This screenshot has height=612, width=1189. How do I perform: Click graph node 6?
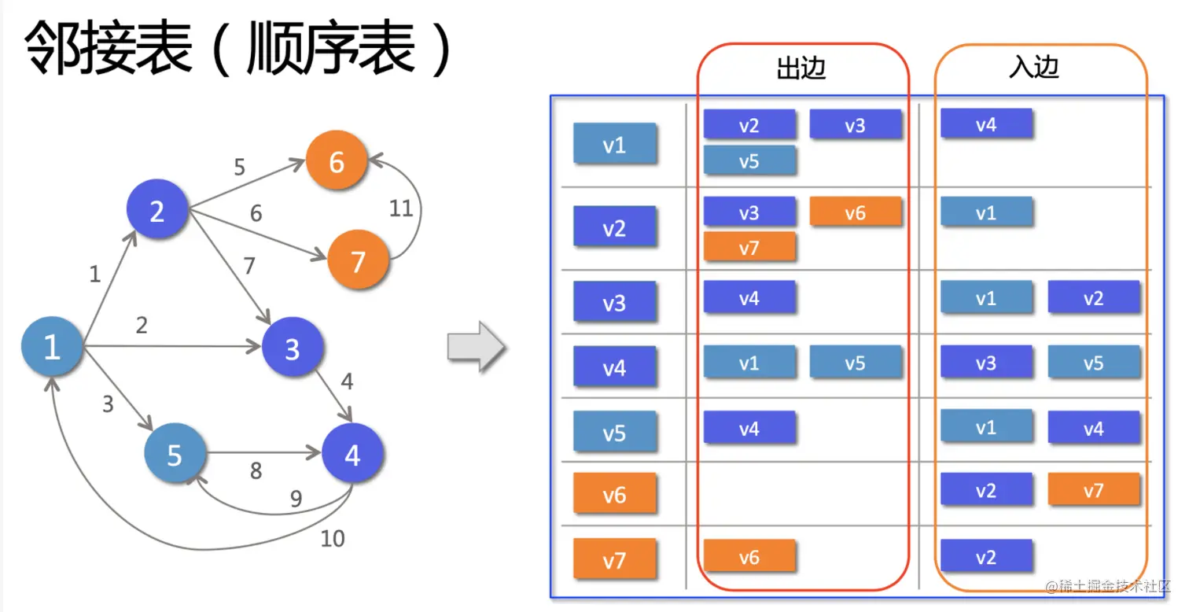point(337,162)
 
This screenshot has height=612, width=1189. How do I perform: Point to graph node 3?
point(293,349)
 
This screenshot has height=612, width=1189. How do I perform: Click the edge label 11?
point(401,208)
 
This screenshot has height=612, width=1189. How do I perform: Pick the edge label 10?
point(332,539)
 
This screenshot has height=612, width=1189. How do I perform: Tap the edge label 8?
point(256,471)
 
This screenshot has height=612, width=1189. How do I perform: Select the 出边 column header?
point(801,69)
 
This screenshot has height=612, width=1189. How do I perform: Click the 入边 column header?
point(1034,68)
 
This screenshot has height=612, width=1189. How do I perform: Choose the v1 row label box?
point(614,144)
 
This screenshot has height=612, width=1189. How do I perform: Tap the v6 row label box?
point(614,494)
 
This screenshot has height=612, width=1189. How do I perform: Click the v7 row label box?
point(614,559)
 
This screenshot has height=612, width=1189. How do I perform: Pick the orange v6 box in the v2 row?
point(855,212)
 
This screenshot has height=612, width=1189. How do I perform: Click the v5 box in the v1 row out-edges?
point(749,160)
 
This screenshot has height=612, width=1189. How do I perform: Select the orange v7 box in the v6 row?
point(1093,490)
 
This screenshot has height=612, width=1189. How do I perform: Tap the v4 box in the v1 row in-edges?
point(986,124)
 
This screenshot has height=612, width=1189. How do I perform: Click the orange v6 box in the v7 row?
point(749,556)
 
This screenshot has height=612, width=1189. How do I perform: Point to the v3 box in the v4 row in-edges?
point(986,363)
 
